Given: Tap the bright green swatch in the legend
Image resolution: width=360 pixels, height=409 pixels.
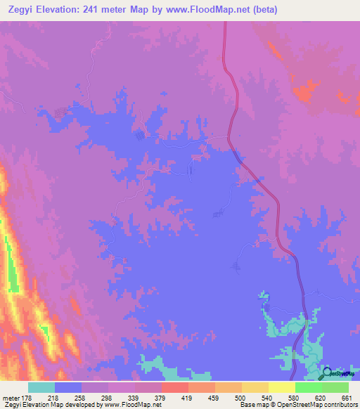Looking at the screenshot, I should [x=308, y=387].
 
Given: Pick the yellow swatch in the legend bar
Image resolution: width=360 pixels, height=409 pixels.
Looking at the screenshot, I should [x=281, y=387].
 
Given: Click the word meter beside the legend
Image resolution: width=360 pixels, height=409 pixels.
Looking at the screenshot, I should [x=10, y=398].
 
